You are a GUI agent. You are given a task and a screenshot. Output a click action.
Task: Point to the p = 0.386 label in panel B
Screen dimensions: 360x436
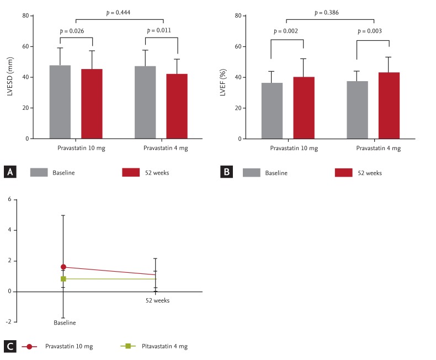pos(330,12)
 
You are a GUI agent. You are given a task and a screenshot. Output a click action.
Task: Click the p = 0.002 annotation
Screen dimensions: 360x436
pos(286,31)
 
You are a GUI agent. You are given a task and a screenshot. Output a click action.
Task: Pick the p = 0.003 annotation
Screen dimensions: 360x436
pos(373,31)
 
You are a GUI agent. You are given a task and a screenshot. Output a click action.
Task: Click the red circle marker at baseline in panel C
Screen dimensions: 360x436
pos(63,267)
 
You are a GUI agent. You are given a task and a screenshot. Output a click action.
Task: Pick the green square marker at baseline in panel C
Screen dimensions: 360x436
pos(63,279)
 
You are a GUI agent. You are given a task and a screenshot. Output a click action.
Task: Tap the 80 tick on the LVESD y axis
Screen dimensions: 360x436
pos(25,15)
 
